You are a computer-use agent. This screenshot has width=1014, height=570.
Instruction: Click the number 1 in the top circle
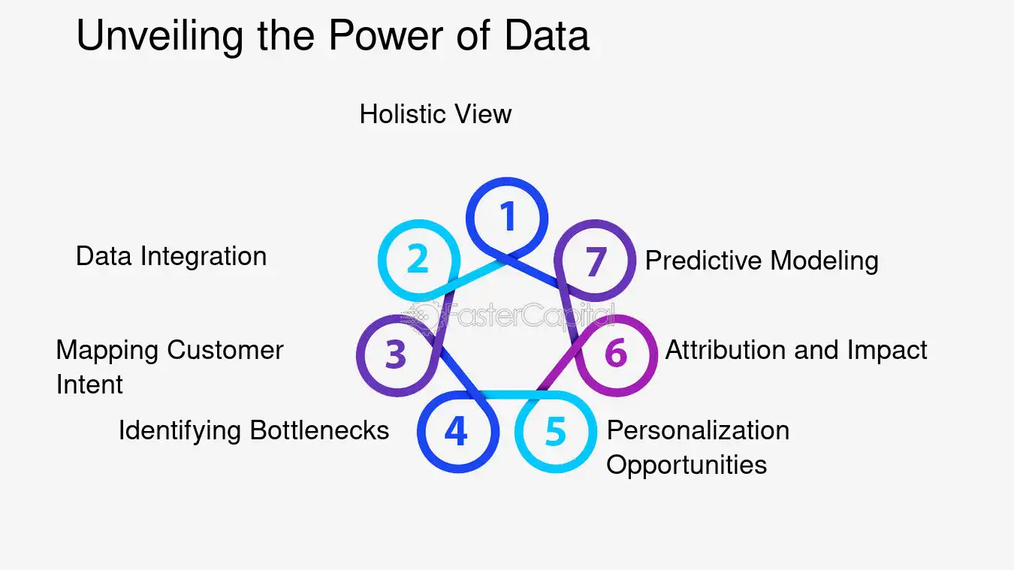coord(509,217)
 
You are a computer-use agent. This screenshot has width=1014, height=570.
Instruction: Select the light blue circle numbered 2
coord(418,259)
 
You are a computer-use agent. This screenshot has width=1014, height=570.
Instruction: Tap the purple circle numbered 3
coord(396,354)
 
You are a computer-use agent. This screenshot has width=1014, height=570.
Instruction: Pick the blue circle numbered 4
coord(456,432)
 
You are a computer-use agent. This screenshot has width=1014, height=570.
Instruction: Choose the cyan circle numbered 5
coord(555,432)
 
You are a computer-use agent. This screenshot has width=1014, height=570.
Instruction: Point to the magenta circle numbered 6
coord(616,354)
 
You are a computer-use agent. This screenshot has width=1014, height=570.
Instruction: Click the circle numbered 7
coord(595,261)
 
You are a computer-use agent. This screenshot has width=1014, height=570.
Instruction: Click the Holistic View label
coord(436,114)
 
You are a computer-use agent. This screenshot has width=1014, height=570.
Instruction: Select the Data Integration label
coord(171,256)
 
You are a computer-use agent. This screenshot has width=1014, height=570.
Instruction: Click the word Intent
coord(89,385)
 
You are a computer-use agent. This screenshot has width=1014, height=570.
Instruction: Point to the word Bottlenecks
coord(319,430)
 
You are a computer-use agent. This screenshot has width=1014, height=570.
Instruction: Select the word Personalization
coord(698,430)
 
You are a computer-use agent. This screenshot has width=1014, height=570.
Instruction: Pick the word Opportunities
coord(687,464)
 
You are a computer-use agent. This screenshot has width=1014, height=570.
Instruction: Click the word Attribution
coord(726,350)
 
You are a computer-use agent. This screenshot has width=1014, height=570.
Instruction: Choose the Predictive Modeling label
coord(762,261)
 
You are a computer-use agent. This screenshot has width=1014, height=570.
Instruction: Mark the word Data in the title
coord(547,35)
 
